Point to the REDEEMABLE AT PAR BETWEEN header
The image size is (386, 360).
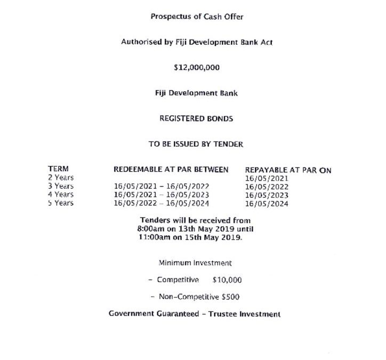171,170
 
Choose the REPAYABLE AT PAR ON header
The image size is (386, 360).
288,170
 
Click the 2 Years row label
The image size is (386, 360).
61,178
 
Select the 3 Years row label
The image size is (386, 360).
61,186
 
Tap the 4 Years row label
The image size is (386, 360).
61,195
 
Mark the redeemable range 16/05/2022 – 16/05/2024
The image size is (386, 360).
162,203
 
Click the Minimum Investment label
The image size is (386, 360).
195,263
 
